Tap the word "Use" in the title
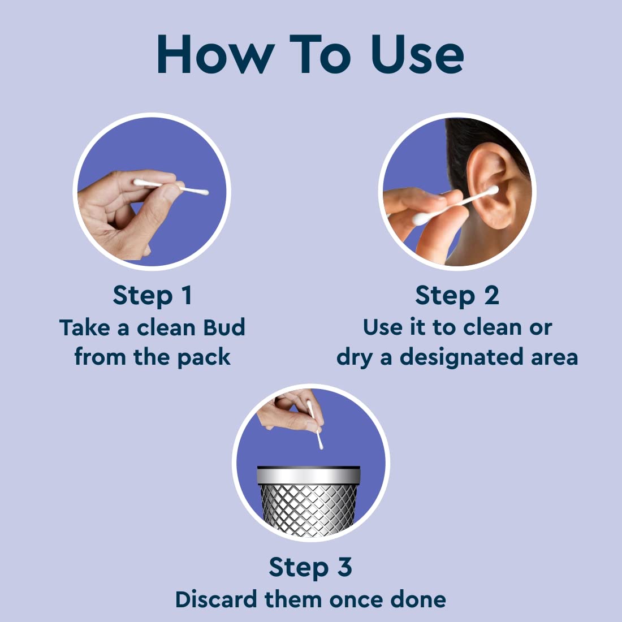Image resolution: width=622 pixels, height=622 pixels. [418, 55]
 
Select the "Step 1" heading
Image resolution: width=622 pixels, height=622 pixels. [152, 295]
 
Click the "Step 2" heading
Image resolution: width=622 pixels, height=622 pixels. [457, 295]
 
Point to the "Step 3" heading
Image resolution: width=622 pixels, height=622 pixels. [310, 567]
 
